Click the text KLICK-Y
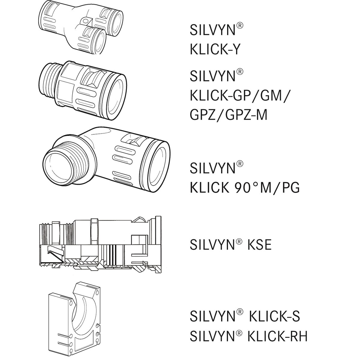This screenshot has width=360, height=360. pos(215,49)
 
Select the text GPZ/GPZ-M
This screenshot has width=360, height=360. pos(228,115)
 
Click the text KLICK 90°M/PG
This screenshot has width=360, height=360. pos(244,187)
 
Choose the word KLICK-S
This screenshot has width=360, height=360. pos(273,316)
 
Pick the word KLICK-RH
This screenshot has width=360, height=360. pos(277,336)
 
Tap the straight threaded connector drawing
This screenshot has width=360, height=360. pos(82,87)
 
